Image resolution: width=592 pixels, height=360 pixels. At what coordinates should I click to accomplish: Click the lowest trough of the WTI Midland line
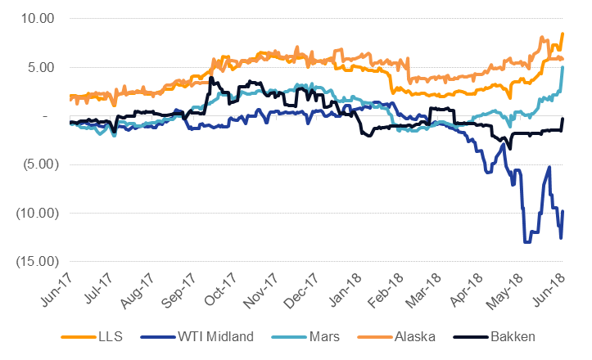(x=526, y=242)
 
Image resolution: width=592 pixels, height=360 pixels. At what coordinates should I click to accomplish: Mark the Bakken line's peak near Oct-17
(x=211, y=79)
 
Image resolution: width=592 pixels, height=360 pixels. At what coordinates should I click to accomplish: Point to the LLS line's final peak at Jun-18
(x=563, y=34)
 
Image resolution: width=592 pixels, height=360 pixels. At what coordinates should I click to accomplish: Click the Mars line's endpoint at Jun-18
(x=563, y=67)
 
